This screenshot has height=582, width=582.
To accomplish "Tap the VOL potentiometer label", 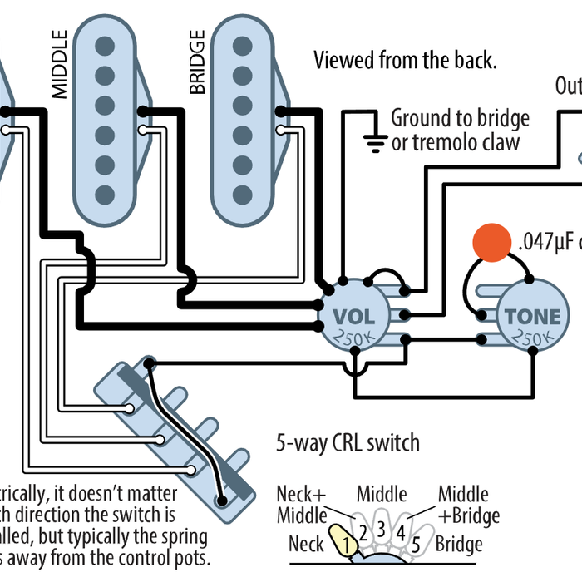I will tap(355, 317).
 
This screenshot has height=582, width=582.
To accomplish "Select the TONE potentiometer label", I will tap(532, 317).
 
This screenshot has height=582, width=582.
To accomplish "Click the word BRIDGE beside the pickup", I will tap(197, 64).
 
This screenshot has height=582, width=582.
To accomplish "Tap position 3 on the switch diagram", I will tap(382, 528).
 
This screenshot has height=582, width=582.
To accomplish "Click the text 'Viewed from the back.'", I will tap(405, 60).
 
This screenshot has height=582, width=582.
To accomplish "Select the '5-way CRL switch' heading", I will tap(348, 441).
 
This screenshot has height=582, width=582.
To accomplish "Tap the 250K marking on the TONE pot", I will tap(532, 338).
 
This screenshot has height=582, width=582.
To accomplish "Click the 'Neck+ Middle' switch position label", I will tap(302, 504).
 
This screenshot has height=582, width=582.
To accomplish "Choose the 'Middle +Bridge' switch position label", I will tap(468, 504).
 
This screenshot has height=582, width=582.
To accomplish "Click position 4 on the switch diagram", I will tap(401, 530).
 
